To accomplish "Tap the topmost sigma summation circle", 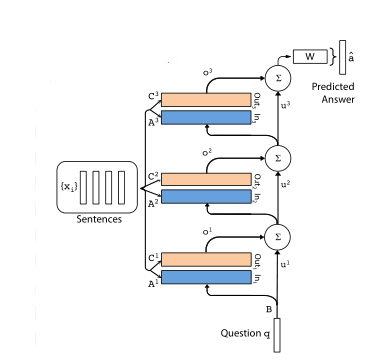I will click(277, 77).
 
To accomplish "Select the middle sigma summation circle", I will click(277, 157).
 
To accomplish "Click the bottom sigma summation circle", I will click(277, 236).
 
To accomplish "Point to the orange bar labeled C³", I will click(202, 100).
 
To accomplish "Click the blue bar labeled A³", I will click(202, 117).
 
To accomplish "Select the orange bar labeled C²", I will click(202, 180).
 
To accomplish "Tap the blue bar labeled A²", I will click(202, 196).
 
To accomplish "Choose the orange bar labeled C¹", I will click(202, 259).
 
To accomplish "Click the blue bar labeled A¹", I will click(202, 276).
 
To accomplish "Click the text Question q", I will click(245, 332).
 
